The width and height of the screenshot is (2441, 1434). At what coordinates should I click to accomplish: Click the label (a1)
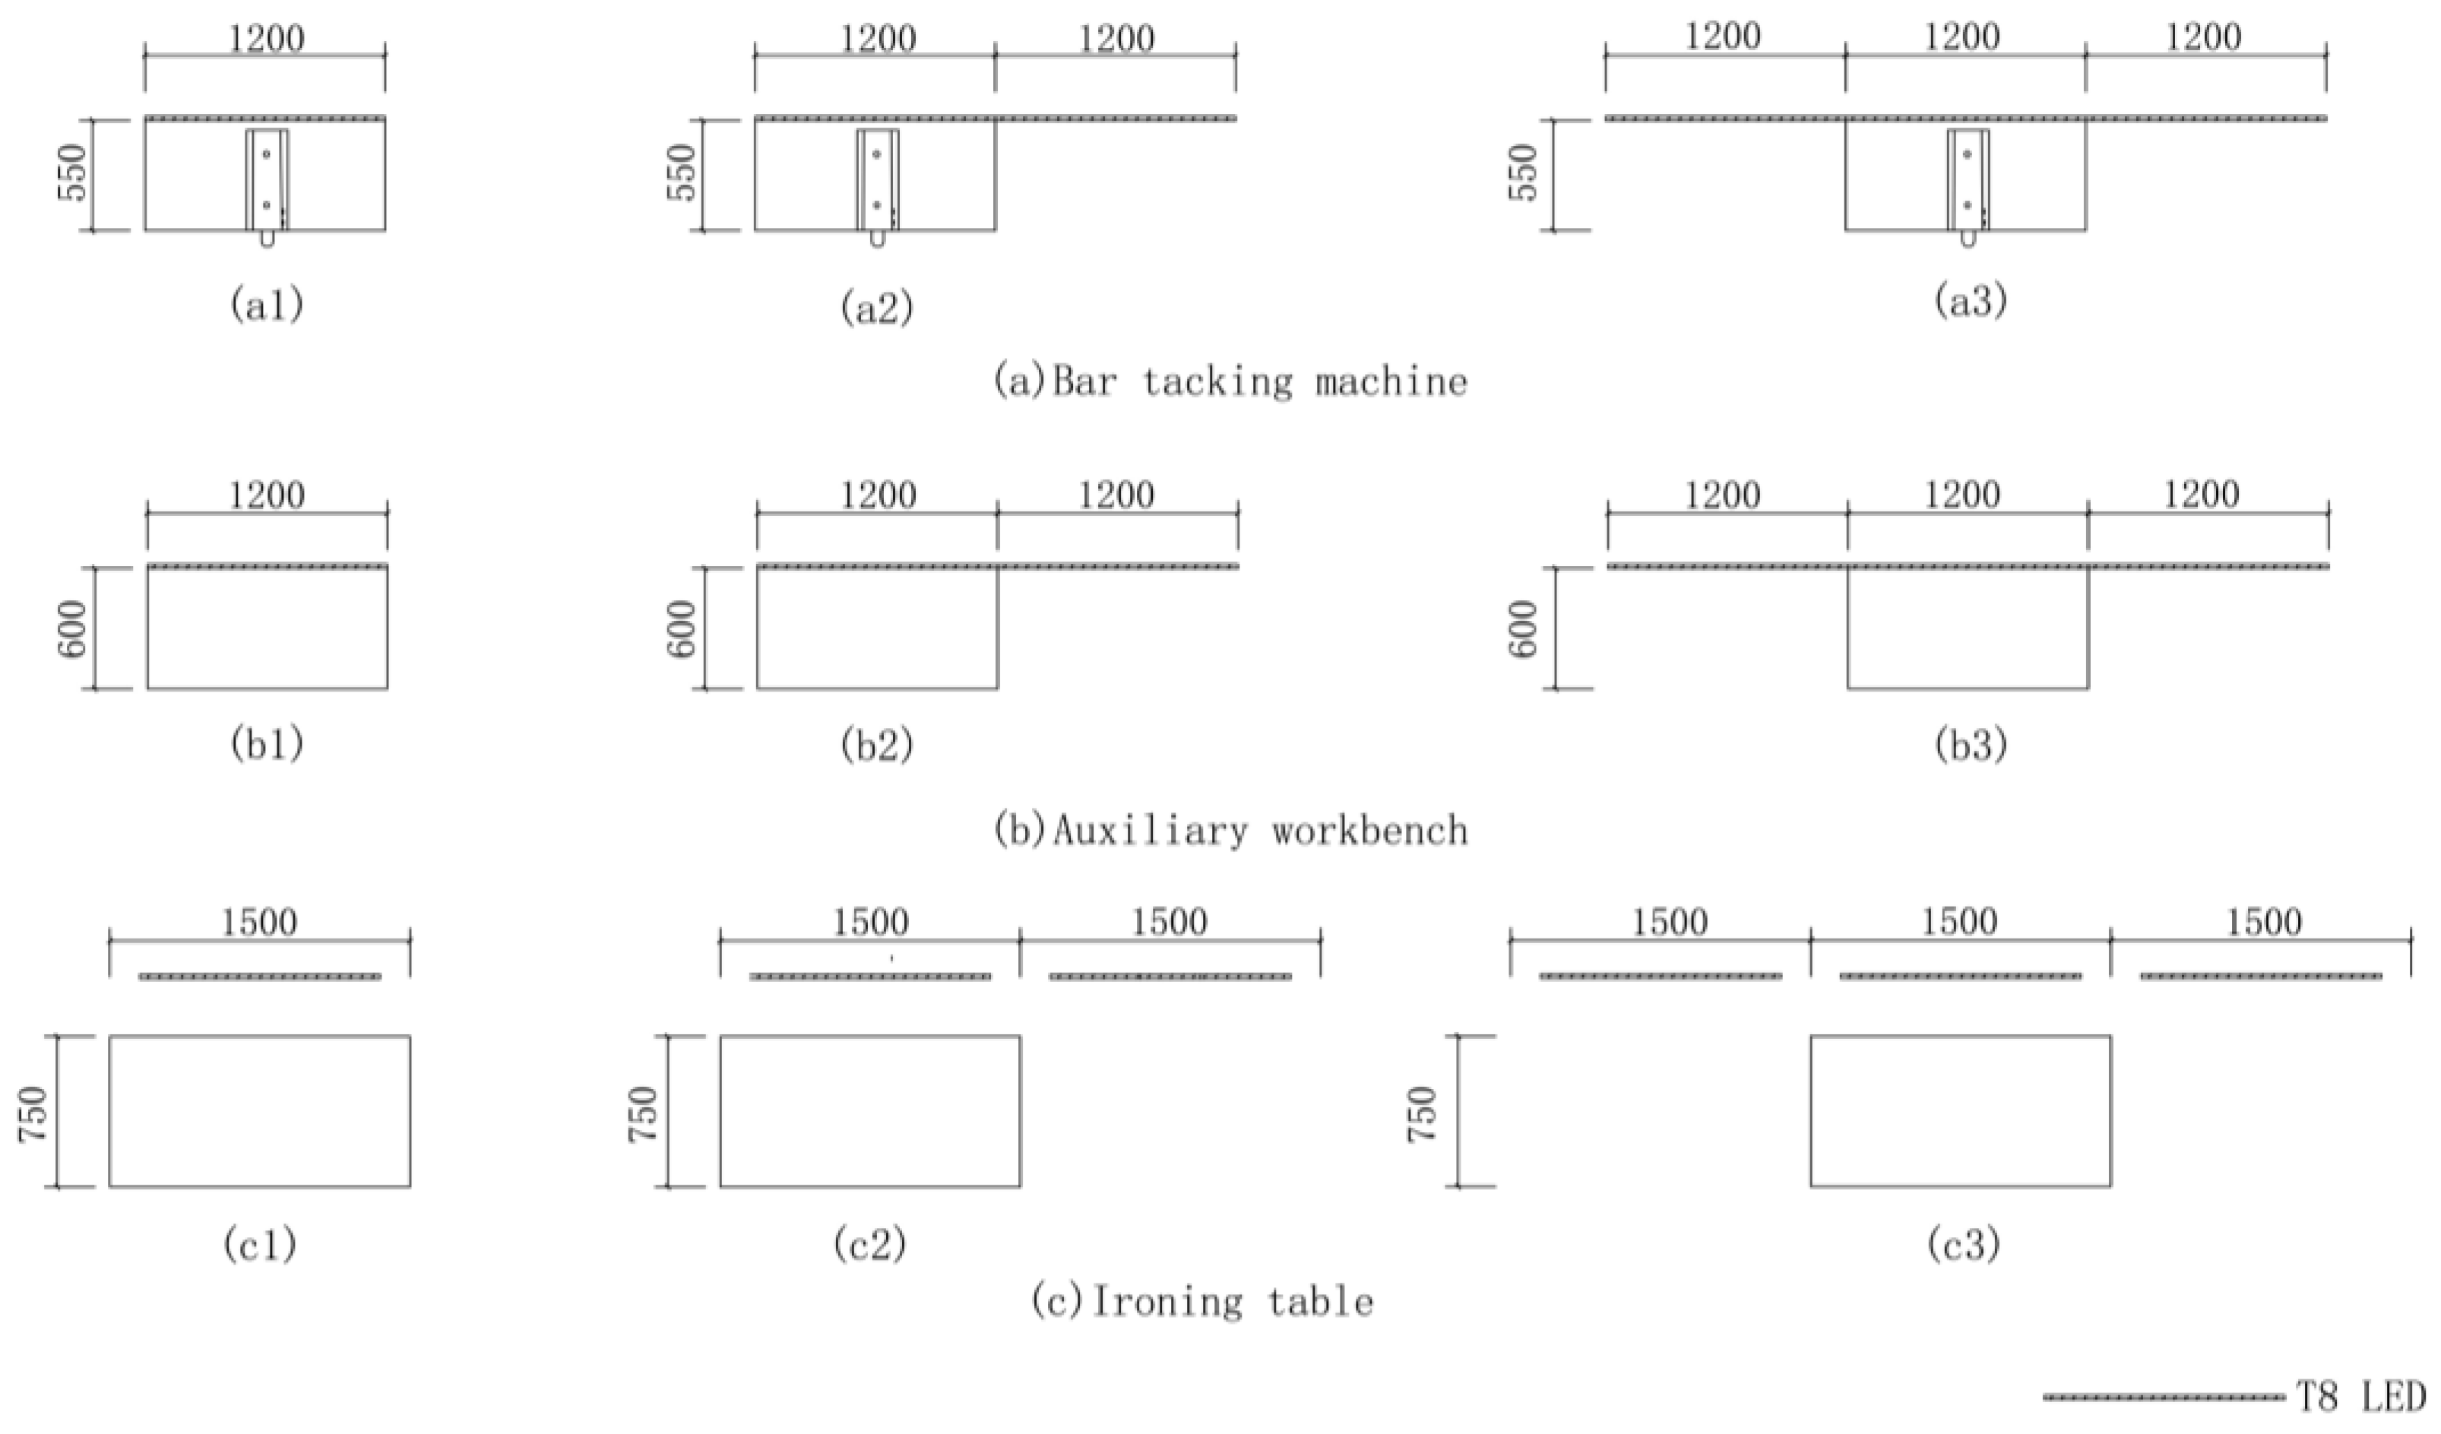tap(267, 305)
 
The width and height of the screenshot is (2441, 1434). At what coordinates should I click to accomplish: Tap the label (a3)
tap(1971, 302)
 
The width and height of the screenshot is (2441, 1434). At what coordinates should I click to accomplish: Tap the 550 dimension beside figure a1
tap(74, 173)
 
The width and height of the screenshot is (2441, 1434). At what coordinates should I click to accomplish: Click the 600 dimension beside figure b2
tap(683, 628)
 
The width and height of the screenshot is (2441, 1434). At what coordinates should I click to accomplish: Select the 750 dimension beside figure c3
tap(1423, 1114)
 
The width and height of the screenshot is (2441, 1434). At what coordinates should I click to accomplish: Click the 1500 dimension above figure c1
tap(260, 923)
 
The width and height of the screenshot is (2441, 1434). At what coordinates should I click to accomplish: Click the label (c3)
tap(1964, 1244)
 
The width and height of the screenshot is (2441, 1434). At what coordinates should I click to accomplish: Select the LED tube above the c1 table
tap(260, 976)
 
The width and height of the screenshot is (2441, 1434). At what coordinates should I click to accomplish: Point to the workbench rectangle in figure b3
tap(1968, 628)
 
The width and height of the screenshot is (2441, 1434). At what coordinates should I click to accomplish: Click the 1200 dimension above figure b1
tap(267, 496)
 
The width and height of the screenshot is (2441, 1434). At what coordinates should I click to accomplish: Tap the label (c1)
tap(260, 1245)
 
